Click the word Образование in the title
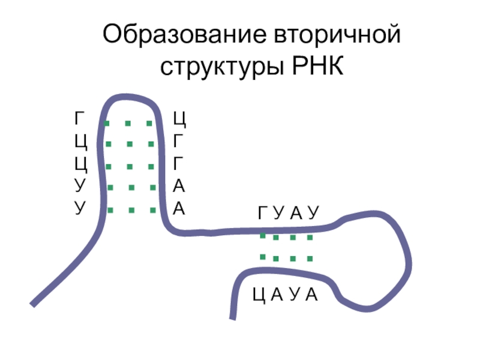click(x=177, y=34)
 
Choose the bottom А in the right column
click(x=179, y=208)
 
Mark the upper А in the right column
click(x=179, y=186)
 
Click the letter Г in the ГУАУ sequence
click(x=263, y=212)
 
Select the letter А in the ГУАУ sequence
click(x=296, y=212)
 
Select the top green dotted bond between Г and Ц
click(x=130, y=124)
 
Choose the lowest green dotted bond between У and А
click(x=130, y=210)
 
